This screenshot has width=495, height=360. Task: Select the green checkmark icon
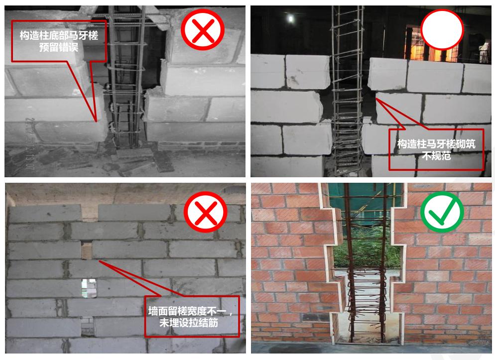[442, 212]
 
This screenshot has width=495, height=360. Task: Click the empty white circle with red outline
[442, 28]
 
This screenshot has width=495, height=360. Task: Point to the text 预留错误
[59, 48]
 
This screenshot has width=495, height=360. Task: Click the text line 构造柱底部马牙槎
[59, 36]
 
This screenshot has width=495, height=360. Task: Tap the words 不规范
[435, 155]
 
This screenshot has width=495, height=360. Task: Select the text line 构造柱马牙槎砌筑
[435, 144]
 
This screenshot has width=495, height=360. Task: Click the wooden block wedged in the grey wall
[87, 250]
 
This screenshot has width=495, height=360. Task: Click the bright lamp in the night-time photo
[290, 19]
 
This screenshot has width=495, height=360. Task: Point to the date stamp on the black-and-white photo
[30, 140]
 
